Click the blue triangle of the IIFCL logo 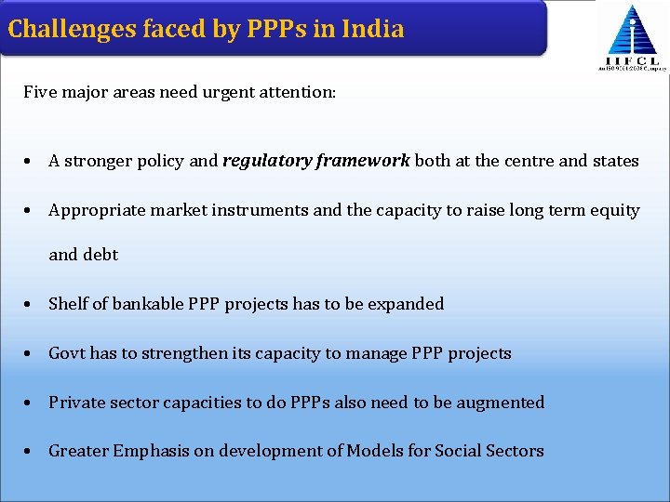633,32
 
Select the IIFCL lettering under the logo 633,59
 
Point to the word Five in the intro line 39,92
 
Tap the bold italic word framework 363,161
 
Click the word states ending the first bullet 616,161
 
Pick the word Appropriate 92,210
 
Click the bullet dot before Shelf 30,305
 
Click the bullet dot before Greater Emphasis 30,452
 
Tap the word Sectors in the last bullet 514,451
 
